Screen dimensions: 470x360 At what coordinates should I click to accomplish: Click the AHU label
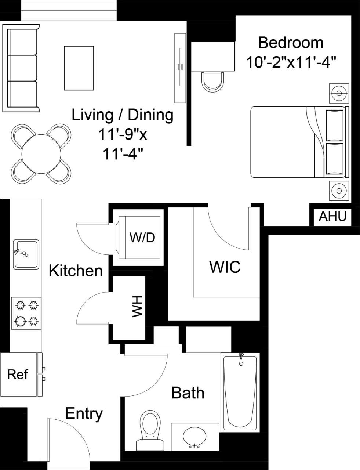[332, 217]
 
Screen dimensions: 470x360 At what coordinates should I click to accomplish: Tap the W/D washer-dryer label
[142, 238]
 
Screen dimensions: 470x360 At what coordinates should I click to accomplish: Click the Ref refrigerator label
[18, 375]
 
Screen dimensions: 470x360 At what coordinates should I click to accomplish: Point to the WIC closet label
[225, 267]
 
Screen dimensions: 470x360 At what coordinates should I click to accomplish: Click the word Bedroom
[291, 43]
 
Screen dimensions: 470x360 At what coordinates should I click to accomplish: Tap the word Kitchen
[76, 271]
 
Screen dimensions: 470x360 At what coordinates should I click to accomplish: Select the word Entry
[84, 414]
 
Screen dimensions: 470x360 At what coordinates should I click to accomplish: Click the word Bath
[188, 393]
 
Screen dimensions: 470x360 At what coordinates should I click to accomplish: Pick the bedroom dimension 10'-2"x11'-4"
[291, 62]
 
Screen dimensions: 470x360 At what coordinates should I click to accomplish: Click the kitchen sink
[26, 254]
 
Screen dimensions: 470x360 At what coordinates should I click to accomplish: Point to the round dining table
[41, 153]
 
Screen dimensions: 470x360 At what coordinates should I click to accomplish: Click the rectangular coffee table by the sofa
[79, 68]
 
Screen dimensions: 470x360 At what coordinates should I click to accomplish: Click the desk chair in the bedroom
[212, 82]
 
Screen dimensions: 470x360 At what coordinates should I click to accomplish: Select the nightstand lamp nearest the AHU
[338, 191]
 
